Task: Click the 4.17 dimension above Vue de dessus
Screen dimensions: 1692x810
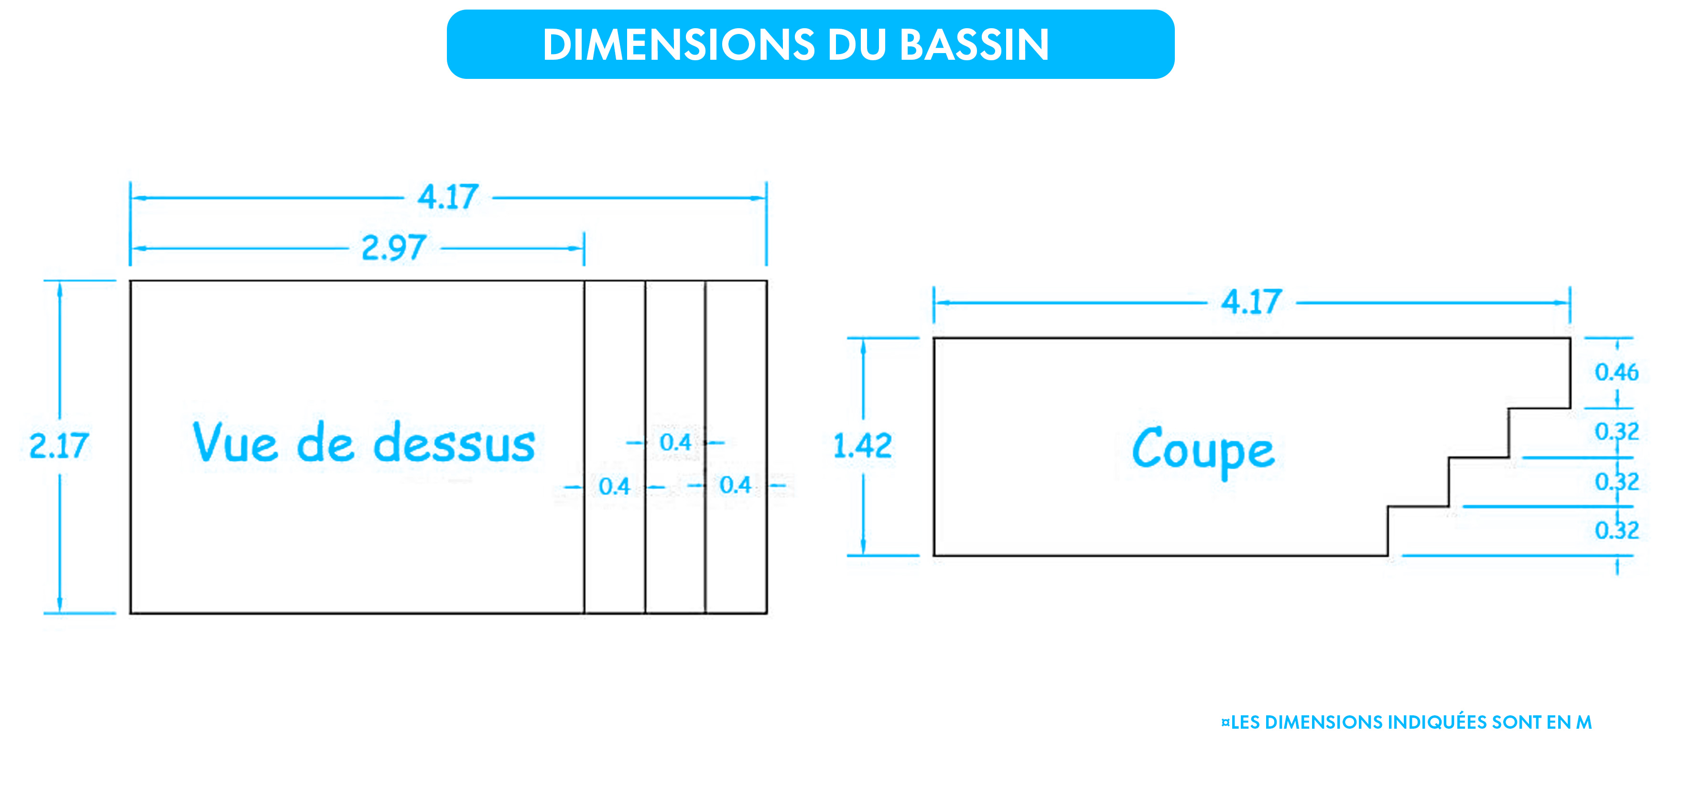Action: point(448,197)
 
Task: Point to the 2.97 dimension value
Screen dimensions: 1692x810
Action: point(394,248)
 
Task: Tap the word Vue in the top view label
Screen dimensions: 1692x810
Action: point(235,442)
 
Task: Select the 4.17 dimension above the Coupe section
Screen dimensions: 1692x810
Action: point(1251,302)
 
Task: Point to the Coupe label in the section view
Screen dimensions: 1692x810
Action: point(1204,450)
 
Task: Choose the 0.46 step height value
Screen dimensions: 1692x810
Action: point(1616,372)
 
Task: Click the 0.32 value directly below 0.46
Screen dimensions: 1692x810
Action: point(1616,432)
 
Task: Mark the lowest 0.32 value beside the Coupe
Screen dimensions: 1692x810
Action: point(1616,529)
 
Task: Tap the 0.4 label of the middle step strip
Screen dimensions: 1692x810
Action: point(675,442)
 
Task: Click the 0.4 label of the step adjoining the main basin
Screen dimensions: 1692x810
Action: point(614,486)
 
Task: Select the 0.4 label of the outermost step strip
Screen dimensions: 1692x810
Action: point(735,485)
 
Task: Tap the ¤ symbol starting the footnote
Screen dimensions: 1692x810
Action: point(1225,722)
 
